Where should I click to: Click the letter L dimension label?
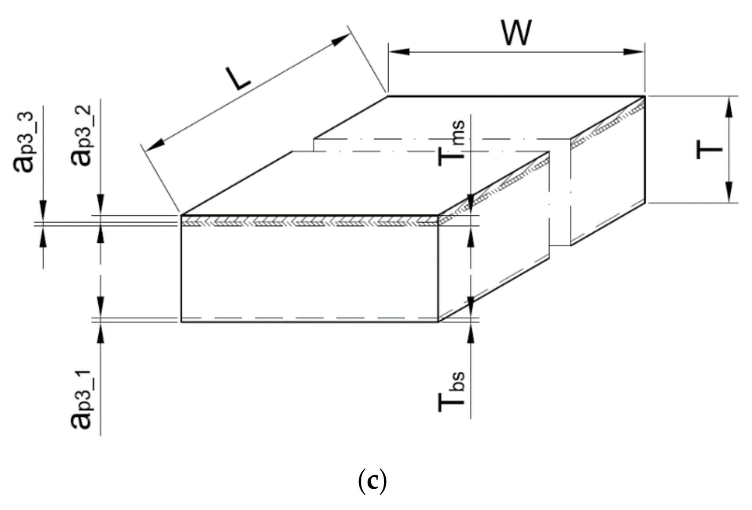click(238, 79)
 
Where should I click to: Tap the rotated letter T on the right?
click(709, 150)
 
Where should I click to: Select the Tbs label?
click(451, 391)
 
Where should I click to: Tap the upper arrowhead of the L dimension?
click(340, 40)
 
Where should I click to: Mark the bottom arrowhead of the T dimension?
click(729, 192)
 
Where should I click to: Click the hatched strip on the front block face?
click(310, 221)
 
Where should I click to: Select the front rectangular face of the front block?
click(310, 272)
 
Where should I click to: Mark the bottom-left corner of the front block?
click(181, 322)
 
